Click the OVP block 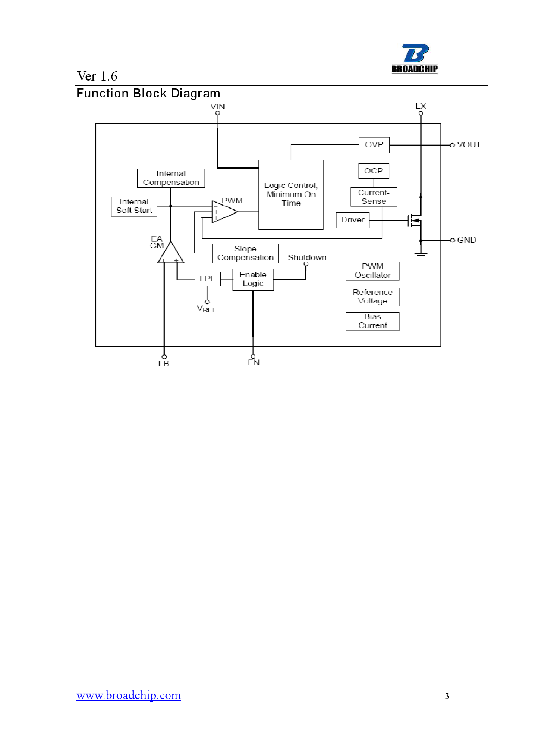point(374,145)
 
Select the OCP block point(374,171)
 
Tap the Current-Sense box point(374,197)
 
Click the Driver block point(352,220)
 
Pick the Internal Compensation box point(171,178)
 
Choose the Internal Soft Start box point(134,206)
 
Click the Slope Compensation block point(245,253)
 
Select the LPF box point(208,279)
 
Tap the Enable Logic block point(253,279)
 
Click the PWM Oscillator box point(372,271)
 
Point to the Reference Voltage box point(372,297)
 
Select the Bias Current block point(372,321)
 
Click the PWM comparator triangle point(223,212)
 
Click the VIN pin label point(217,106)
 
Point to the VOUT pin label point(468,145)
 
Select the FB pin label point(164,364)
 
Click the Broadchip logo point(415,59)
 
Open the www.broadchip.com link point(129,695)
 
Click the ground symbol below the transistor point(421,255)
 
